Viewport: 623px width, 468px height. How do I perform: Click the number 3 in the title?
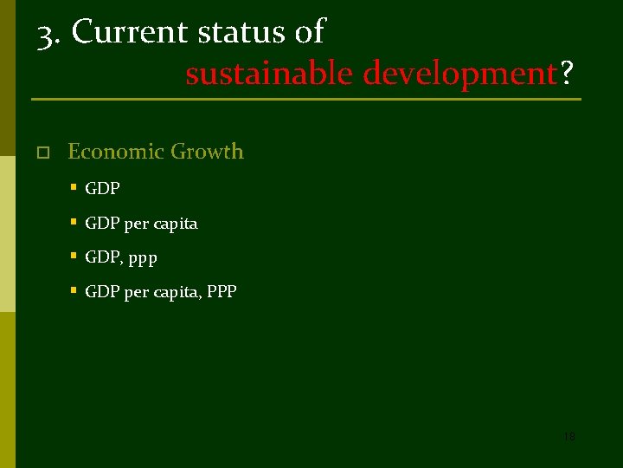pyautogui.click(x=46, y=33)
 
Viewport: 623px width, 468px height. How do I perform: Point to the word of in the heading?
pyautogui.click(x=309, y=32)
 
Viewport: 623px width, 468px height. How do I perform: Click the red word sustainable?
pyautogui.click(x=269, y=75)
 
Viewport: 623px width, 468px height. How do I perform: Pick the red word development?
pyautogui.click(x=459, y=75)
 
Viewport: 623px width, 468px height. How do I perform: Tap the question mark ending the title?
pyautogui.click(x=566, y=75)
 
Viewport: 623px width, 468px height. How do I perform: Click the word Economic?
pyautogui.click(x=116, y=152)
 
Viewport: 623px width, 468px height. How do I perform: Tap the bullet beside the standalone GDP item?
pyautogui.click(x=74, y=186)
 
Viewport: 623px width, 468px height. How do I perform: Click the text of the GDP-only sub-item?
pyautogui.click(x=102, y=188)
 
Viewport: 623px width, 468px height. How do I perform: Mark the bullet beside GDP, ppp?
pyautogui.click(x=74, y=256)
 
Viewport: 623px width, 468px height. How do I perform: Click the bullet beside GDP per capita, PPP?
pyautogui.click(x=74, y=290)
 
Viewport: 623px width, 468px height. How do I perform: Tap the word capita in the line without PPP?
pyautogui.click(x=177, y=224)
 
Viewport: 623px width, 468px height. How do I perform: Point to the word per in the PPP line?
pyautogui.click(x=136, y=294)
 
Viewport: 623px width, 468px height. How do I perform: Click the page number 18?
pyautogui.click(x=568, y=437)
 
